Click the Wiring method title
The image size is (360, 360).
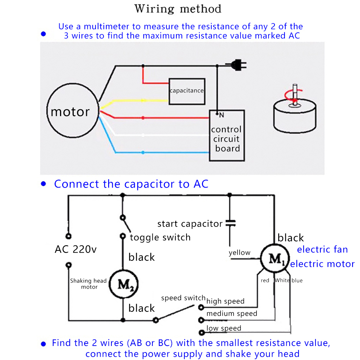pyautogui.click(x=178, y=9)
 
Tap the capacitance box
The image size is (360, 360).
pyautogui.click(x=187, y=91)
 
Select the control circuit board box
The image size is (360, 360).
pyautogui.click(x=227, y=136)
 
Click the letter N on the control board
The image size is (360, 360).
pyautogui.click(x=221, y=115)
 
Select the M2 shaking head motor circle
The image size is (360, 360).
pyautogui.click(x=123, y=284)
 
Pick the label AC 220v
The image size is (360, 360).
pyautogui.click(x=75, y=249)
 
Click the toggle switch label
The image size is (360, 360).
pyautogui.click(x=160, y=237)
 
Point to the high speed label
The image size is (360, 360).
pyautogui.click(x=225, y=301)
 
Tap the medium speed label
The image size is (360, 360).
pyautogui.click(x=232, y=314)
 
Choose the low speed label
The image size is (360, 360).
pyautogui.click(x=224, y=328)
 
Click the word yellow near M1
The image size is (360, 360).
pyautogui.click(x=240, y=253)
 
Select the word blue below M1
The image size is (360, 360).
pyautogui.click(x=297, y=281)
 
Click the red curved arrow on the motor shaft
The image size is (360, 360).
pyautogui.click(x=292, y=96)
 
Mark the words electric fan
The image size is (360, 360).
pyautogui.click(x=322, y=249)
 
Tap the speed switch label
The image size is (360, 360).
pyautogui.click(x=183, y=298)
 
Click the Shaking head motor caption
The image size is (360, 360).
pyautogui.click(x=89, y=284)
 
